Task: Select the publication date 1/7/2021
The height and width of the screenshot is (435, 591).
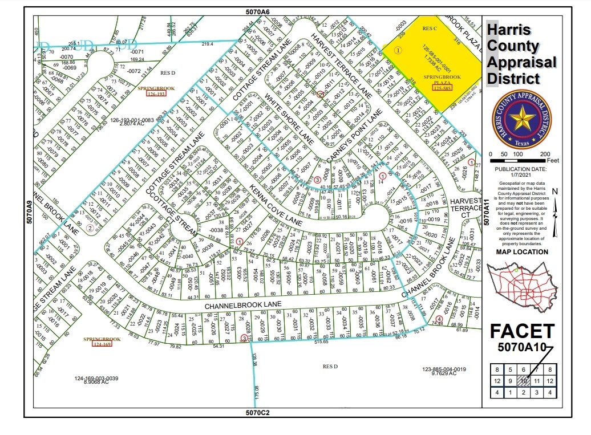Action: point(521,174)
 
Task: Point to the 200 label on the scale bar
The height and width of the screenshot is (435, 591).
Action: point(545,155)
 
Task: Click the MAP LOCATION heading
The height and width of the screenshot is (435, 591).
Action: point(521,251)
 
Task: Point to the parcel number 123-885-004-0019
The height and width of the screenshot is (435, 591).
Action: point(444,369)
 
